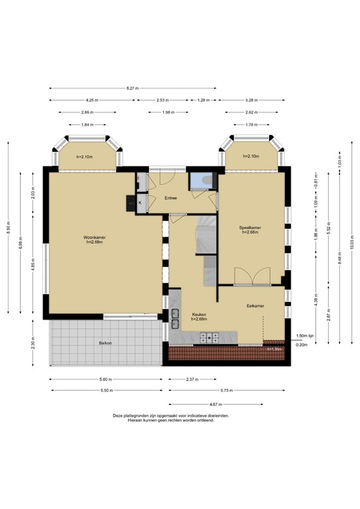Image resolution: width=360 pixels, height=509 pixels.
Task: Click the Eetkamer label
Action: coord(255,306)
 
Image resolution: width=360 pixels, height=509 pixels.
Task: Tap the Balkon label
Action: coord(105,343)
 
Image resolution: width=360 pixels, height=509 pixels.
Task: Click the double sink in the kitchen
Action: coord(176,319)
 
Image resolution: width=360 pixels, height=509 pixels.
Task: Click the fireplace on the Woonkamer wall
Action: coord(131,202)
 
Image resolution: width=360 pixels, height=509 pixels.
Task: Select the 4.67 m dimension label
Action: coord(229,403)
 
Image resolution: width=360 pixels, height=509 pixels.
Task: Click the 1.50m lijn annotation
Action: coord(306,335)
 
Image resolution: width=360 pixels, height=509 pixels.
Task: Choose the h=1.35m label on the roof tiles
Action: coord(274,348)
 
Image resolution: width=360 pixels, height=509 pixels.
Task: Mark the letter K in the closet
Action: coord(140,202)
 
